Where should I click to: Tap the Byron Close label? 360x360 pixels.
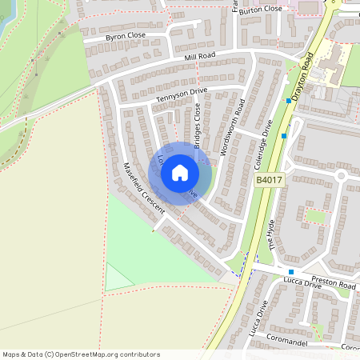(x=126, y=37)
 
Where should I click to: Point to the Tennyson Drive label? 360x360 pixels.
(x=181, y=94)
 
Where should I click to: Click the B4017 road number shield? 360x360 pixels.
(x=268, y=182)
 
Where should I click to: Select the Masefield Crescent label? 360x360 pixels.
(x=144, y=188)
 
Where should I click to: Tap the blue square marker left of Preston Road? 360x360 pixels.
(x=291, y=272)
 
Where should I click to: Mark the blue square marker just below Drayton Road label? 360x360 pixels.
(x=289, y=101)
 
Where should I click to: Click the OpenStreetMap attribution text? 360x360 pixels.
(x=82, y=354)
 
